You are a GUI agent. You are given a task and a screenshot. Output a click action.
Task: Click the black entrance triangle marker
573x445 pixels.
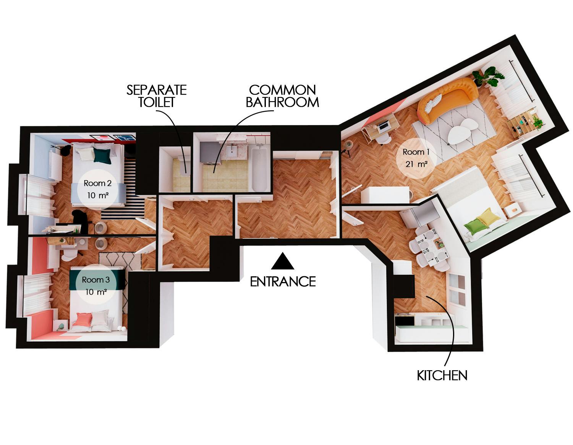283,262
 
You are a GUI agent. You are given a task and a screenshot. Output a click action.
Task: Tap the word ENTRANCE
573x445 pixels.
283,282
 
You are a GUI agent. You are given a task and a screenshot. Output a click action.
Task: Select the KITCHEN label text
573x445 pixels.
442,376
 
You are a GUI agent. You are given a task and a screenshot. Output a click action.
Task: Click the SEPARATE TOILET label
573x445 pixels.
157,96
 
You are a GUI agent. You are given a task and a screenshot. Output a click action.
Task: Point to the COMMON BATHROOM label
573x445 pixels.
282,96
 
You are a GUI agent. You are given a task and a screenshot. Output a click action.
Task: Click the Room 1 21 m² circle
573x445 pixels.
416,158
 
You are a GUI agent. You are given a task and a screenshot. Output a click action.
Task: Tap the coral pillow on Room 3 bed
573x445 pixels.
83,319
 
